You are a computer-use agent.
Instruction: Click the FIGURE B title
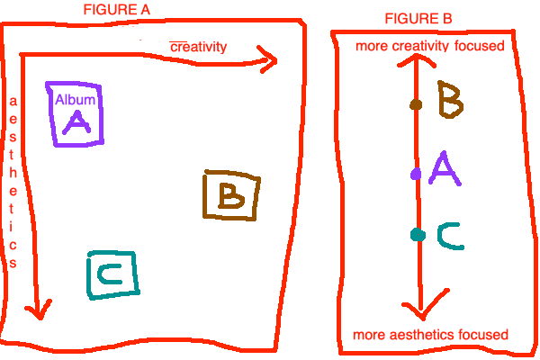418,18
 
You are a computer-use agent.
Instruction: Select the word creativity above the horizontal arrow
198,46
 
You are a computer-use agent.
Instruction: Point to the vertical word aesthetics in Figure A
13,181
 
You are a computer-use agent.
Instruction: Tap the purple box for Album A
76,113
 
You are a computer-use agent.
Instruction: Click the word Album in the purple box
75,100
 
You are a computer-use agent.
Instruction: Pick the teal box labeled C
113,274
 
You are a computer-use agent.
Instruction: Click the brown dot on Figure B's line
416,104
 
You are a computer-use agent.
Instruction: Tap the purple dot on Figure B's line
416,173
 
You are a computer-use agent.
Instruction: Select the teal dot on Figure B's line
417,235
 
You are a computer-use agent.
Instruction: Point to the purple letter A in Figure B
445,168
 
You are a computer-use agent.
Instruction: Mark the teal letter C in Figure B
450,236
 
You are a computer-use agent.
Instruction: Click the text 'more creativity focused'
429,46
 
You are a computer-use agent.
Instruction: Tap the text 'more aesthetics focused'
430,335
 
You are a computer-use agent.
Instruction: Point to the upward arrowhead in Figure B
416,60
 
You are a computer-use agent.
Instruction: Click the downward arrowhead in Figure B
417,310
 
